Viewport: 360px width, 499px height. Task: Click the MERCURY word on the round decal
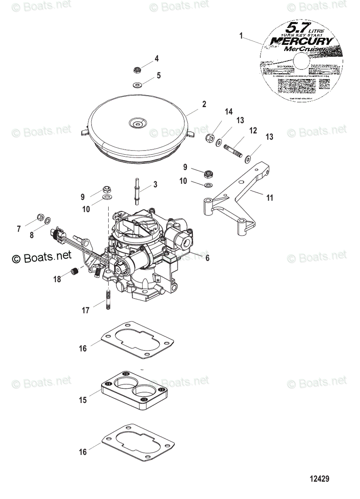pos(302,41)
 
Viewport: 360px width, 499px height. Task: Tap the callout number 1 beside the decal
pos(241,36)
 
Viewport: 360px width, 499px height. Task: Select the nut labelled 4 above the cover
pos(137,69)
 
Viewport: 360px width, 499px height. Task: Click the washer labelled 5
pos(137,85)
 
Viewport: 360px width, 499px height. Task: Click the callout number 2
pos(204,104)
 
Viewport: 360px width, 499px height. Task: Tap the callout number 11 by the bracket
pos(270,198)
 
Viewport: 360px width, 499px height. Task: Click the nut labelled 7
pos(41,217)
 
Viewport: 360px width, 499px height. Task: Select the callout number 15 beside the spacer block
pos(83,400)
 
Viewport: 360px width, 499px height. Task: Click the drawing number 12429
pos(319,479)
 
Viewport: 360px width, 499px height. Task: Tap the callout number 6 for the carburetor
pos(207,258)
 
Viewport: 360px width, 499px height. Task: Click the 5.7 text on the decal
pos(284,30)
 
